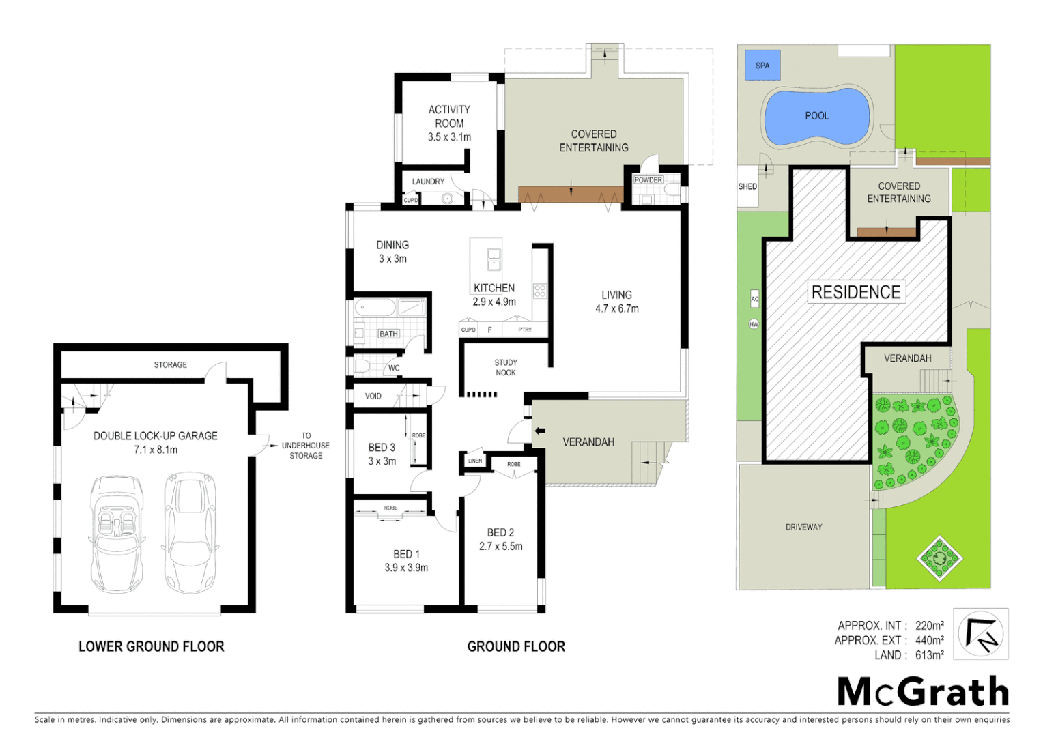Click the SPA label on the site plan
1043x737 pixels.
coord(762,66)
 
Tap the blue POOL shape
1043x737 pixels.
coord(816,117)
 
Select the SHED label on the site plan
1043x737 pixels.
coord(747,186)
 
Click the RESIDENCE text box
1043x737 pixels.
coord(856,292)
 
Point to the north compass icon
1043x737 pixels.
coord(980,634)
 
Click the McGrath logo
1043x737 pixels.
coord(923,692)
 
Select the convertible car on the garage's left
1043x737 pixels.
coord(117,534)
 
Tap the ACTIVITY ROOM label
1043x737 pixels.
coord(449,117)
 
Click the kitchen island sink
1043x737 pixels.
coord(494,259)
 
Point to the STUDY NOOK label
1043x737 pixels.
coord(506,368)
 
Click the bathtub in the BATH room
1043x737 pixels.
coord(375,308)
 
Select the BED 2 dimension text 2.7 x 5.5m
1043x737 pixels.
coord(501,547)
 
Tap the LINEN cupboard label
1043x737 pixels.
coord(475,461)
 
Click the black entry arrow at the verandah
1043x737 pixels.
coord(540,431)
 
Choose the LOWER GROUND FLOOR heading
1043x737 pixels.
coord(151,646)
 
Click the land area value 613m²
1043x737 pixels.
coord(929,655)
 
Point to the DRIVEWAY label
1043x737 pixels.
coord(803,527)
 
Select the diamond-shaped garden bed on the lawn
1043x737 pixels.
coord(939,558)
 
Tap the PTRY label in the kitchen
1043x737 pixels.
coord(524,330)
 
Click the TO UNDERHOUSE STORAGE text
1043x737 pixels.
coord(306,446)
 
